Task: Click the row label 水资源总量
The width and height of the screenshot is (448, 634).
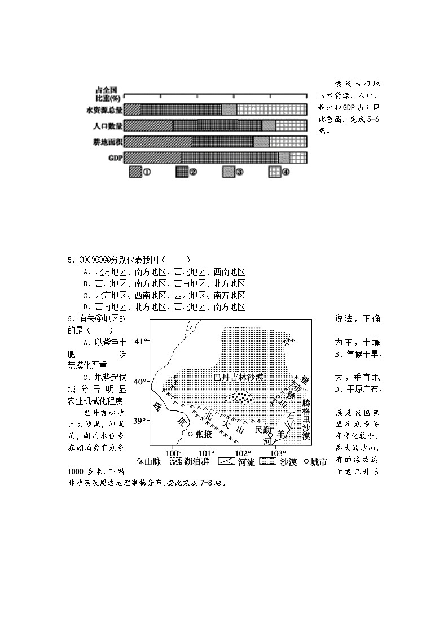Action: click(x=104, y=110)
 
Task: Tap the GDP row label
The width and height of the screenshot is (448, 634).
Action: click(x=115, y=158)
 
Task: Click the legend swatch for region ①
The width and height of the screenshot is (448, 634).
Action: click(x=135, y=172)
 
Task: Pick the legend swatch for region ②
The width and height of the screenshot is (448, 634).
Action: click(x=182, y=172)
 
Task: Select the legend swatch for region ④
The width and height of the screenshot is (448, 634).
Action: click(x=274, y=172)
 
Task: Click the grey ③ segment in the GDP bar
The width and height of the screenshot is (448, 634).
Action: click(x=284, y=158)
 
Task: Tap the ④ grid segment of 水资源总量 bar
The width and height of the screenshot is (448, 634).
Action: click(x=271, y=110)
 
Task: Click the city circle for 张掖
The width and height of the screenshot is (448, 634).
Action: click(x=191, y=434)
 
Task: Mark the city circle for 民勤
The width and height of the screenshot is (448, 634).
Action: click(x=270, y=435)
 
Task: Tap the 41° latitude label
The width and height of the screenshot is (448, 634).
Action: click(x=140, y=341)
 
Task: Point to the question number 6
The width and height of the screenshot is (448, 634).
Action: click(x=69, y=319)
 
